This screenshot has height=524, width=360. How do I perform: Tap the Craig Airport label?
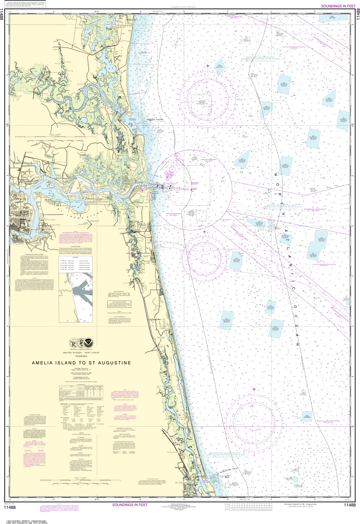pyautogui.click(x=94, y=221)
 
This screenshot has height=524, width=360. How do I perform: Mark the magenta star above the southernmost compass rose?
pyautogui.click(x=254, y=389)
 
